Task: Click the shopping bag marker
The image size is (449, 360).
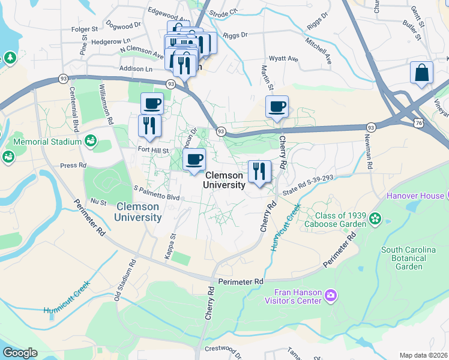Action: point(421,73)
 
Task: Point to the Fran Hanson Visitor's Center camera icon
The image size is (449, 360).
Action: point(330,295)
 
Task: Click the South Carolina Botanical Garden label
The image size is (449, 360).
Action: point(408,258)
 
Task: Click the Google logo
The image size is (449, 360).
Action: point(20,353)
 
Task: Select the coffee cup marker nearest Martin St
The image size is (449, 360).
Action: point(277,107)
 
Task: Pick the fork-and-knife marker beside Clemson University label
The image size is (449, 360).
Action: point(259,172)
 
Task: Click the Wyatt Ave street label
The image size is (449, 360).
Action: point(283,59)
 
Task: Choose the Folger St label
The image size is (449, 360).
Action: point(85,29)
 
